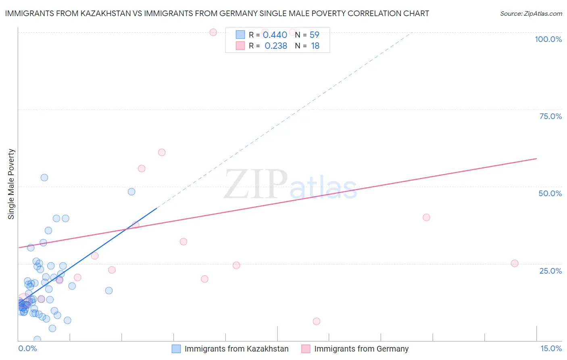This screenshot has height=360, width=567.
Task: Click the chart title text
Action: [217, 13]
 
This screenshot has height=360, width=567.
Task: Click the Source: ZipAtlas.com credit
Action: [531, 13]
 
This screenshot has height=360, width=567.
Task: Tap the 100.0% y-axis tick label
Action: [548, 39]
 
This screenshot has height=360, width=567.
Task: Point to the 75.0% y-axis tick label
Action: [550, 116]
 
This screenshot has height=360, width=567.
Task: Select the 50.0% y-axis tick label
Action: [550, 193]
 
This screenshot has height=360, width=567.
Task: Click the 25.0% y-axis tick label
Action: [550, 271]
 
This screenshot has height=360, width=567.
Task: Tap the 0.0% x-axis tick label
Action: [27, 348]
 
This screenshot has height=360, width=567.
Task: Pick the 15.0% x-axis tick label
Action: [551, 348]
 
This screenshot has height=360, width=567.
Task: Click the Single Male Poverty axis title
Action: [11, 184]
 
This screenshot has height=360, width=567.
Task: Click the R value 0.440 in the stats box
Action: [275, 35]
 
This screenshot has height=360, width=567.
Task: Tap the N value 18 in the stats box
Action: [315, 46]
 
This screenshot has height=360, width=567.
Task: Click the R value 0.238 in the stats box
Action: [276, 46]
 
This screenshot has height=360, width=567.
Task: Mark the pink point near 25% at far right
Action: [515, 263]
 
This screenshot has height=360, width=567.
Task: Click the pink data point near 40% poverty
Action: [426, 217]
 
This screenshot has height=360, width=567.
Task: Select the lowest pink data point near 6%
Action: [317, 321]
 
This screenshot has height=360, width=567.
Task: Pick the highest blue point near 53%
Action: [44, 178]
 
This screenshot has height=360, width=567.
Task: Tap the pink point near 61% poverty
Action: [162, 152]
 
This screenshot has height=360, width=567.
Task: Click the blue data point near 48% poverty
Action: [131, 192]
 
